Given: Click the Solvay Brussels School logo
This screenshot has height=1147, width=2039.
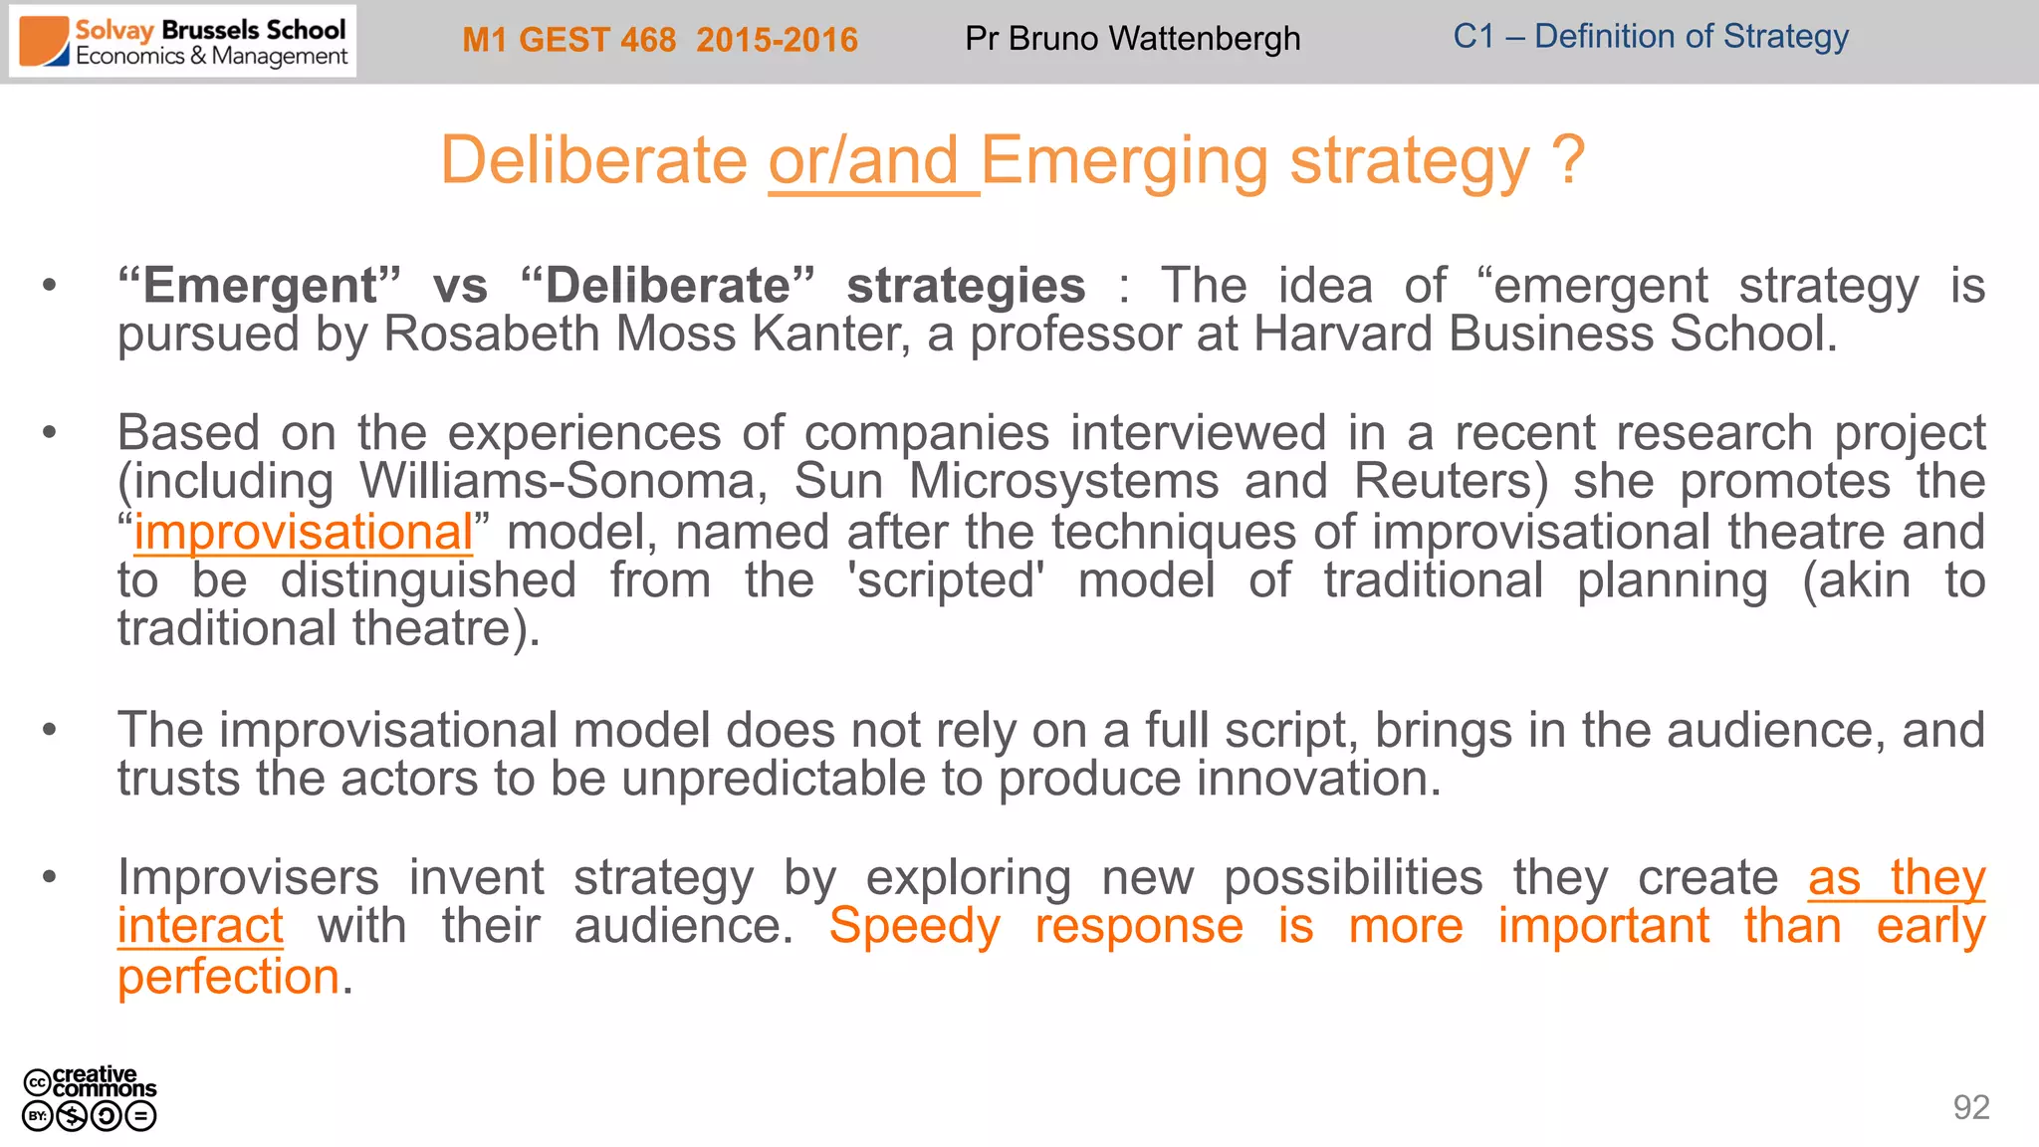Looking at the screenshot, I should tap(183, 42).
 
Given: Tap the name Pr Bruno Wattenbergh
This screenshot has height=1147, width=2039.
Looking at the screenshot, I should tap(1132, 39).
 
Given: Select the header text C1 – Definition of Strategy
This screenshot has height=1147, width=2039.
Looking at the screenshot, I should tap(1650, 37).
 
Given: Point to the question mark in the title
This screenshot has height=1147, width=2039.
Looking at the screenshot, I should tap(1567, 159).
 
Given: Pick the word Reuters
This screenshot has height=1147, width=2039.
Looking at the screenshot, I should tap(1450, 482).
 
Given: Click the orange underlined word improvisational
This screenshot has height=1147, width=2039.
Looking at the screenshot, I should tap(304, 532).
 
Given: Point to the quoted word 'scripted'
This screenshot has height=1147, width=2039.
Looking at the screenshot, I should tap(946, 580).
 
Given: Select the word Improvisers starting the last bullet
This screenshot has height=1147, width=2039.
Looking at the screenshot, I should tap(248, 878).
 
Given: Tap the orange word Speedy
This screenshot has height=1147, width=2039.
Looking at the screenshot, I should tap(914, 926).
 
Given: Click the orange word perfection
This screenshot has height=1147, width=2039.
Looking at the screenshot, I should tap(229, 976).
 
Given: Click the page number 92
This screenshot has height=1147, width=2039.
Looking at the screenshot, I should tap(1970, 1107).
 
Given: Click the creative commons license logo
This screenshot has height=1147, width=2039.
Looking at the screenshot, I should tap(90, 1098).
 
